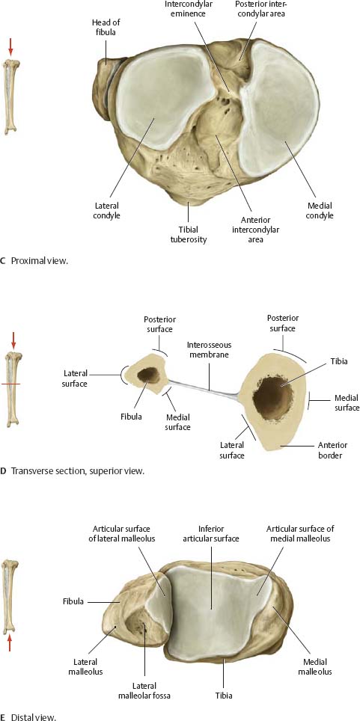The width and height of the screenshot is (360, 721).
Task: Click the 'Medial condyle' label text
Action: pyautogui.click(x=320, y=211)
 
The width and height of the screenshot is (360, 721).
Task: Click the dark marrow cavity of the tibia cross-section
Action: pyautogui.click(x=272, y=397)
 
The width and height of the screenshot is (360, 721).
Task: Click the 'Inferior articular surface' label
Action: pyautogui.click(x=212, y=533)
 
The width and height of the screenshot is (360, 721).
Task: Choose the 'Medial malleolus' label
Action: pyautogui.click(x=315, y=666)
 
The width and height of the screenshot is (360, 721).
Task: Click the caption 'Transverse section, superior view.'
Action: pyautogui.click(x=78, y=471)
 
